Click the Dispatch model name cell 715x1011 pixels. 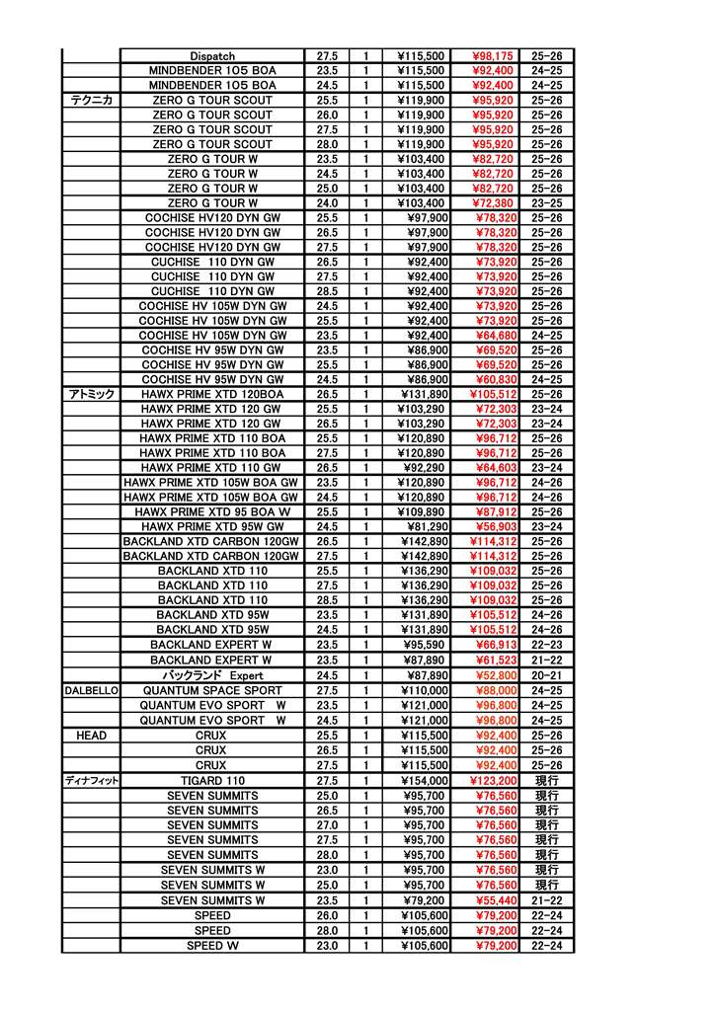click(x=212, y=56)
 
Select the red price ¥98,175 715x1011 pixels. click(x=493, y=56)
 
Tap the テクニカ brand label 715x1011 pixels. click(x=91, y=101)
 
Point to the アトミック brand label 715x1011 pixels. click(x=91, y=394)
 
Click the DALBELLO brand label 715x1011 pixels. click(x=91, y=690)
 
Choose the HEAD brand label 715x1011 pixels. click(x=91, y=736)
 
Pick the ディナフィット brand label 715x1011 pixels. click(x=91, y=781)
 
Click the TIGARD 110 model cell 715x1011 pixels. click(x=212, y=781)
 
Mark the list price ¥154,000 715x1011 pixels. click(x=424, y=781)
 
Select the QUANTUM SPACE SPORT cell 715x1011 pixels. click(x=212, y=690)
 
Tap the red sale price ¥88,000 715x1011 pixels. click(x=493, y=690)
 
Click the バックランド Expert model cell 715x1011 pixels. click(x=212, y=675)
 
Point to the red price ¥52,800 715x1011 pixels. click(x=493, y=675)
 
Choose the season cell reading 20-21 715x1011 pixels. click(x=546, y=675)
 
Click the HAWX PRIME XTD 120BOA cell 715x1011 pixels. click(x=212, y=394)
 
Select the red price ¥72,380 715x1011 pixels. click(x=493, y=203)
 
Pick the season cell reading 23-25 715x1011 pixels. click(x=546, y=203)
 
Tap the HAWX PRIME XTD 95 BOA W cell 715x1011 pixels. click(x=212, y=512)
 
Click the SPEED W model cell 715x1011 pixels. click(x=212, y=946)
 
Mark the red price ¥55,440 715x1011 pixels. click(x=493, y=900)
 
